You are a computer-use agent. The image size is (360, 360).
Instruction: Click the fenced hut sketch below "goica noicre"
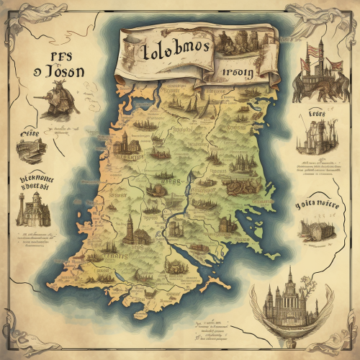pyautogui.click(x=315, y=227)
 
